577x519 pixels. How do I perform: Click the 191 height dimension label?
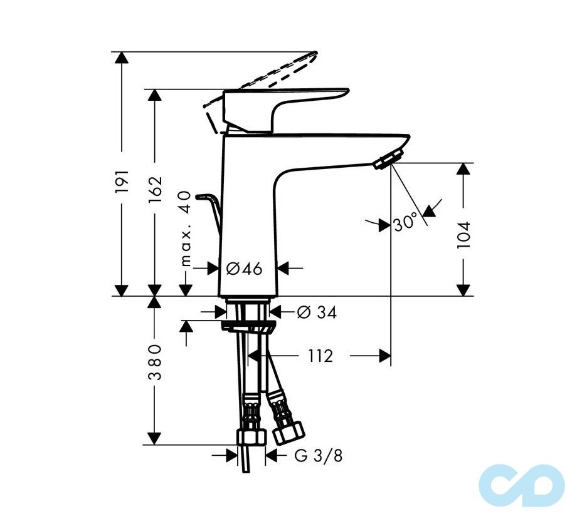click(x=122, y=180)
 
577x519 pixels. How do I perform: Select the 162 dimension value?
click(x=156, y=188)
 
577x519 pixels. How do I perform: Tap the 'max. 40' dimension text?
click(x=185, y=229)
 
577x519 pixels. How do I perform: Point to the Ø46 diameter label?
click(x=243, y=269)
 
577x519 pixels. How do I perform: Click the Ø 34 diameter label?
click(x=316, y=312)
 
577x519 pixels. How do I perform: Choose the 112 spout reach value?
click(x=320, y=356)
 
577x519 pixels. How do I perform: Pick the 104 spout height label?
click(x=463, y=235)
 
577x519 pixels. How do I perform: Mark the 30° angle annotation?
click(x=405, y=222)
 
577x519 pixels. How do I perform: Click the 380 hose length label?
click(x=156, y=362)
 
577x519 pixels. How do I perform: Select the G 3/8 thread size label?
click(x=319, y=456)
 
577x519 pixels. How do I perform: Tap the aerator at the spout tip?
click(x=388, y=158)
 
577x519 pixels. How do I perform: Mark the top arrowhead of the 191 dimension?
click(x=122, y=58)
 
